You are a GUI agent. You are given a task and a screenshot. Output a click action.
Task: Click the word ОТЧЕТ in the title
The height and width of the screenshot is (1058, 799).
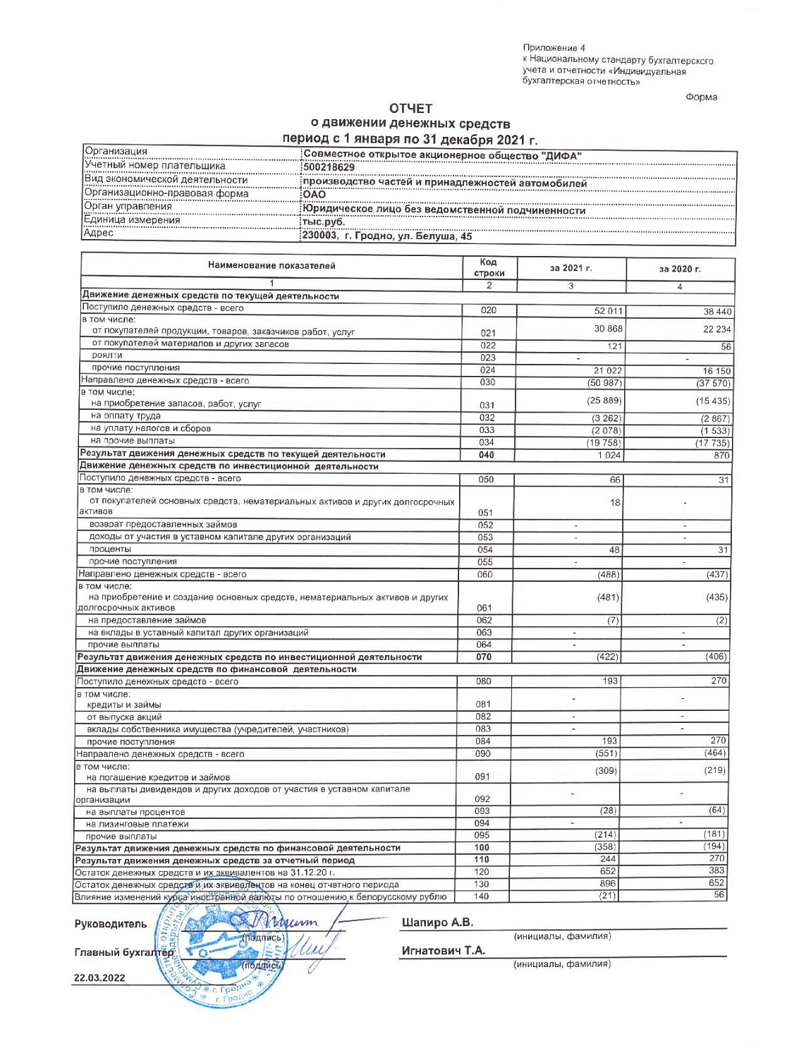[410, 109]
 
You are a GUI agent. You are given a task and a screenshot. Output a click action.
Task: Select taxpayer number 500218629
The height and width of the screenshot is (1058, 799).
[329, 168]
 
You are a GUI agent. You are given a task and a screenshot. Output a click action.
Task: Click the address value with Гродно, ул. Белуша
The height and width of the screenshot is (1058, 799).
[387, 236]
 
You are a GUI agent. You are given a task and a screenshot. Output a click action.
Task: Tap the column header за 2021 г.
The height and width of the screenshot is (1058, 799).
[571, 269]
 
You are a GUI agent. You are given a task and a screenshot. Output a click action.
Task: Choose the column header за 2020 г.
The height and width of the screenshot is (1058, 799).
[680, 269]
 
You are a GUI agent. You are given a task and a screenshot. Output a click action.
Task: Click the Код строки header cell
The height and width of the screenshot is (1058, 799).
[489, 267]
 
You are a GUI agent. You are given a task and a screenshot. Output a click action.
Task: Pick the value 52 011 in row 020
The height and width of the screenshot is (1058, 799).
[609, 311]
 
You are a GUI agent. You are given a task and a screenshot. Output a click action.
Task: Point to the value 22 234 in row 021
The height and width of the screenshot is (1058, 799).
[716, 329]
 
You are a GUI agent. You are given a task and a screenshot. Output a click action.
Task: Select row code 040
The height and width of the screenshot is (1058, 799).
[487, 455]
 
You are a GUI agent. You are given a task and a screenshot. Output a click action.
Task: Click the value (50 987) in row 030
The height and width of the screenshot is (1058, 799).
[606, 383]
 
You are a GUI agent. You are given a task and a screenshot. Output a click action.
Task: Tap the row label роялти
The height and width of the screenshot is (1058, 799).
[107, 355]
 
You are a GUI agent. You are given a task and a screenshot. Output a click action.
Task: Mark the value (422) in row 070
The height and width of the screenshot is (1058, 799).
[607, 657]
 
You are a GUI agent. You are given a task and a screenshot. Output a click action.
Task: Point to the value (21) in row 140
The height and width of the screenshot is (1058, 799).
[607, 896]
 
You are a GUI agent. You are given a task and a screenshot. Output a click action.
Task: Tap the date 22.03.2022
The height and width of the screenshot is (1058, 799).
[99, 978]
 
